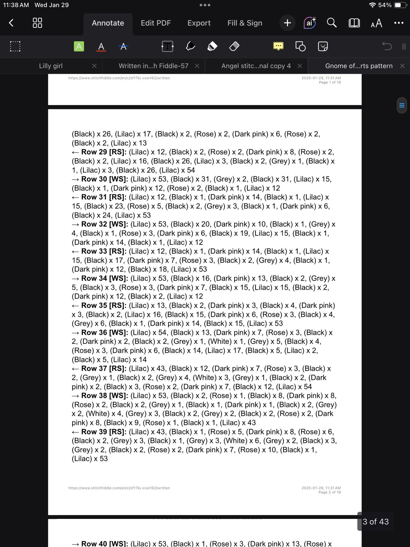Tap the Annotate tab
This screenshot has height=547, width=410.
click(x=108, y=23)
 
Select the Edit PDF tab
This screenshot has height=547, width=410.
click(x=156, y=23)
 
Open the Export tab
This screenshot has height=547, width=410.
click(x=199, y=23)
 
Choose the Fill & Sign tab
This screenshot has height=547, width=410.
click(x=245, y=23)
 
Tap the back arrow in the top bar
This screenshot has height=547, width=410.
click(x=11, y=23)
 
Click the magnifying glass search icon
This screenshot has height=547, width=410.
click(x=331, y=23)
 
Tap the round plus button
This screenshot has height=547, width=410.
click(x=287, y=23)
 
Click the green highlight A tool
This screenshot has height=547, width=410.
click(x=79, y=46)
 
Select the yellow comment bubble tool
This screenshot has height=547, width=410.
click(x=278, y=46)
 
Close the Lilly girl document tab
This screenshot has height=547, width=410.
click(x=94, y=66)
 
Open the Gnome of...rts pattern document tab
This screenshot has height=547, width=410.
click(x=359, y=66)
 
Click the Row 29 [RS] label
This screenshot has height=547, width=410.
click(x=104, y=152)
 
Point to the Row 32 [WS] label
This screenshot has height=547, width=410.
click(x=104, y=224)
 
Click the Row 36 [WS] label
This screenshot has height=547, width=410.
click(x=104, y=332)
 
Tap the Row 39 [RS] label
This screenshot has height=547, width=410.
click(x=104, y=432)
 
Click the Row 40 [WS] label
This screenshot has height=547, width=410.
click(x=104, y=543)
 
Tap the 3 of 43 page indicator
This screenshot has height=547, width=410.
click(x=375, y=521)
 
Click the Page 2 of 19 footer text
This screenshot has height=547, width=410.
click(x=329, y=492)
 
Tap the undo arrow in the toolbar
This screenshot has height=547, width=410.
click(x=387, y=46)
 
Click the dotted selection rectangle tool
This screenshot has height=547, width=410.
click(x=15, y=46)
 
